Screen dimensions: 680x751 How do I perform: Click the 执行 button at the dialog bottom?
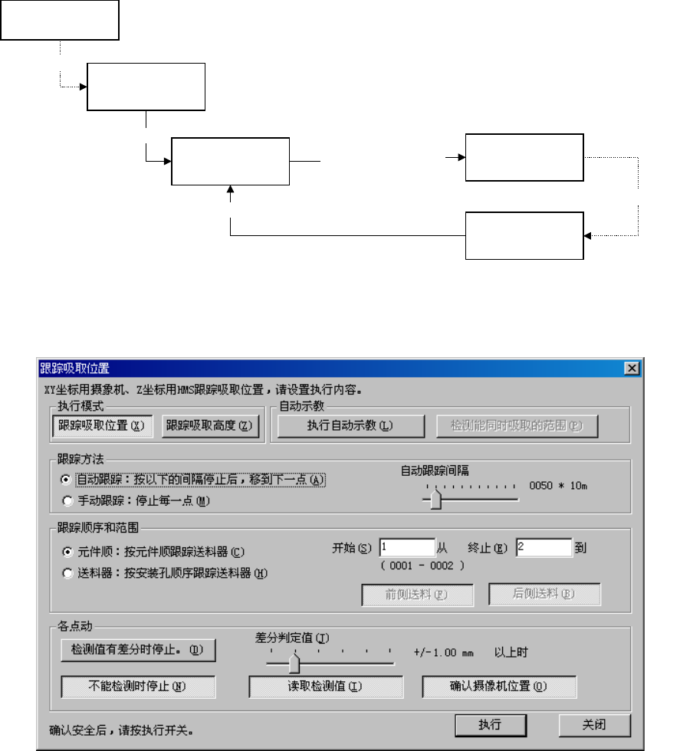[490, 725]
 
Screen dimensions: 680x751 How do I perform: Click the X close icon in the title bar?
[632, 368]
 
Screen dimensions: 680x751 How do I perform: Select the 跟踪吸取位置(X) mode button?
[103, 426]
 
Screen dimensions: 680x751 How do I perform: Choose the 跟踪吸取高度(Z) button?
[212, 426]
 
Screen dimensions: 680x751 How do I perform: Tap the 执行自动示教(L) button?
[350, 426]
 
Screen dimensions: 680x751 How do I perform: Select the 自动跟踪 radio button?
[68, 480]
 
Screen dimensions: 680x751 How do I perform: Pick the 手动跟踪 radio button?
[68, 502]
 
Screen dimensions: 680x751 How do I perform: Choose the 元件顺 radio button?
[68, 551]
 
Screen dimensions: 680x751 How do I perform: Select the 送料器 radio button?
[68, 572]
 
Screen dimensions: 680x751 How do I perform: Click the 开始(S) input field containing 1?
[406, 548]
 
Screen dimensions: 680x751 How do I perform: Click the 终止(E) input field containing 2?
[544, 548]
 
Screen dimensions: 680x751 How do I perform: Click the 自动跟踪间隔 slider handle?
[436, 500]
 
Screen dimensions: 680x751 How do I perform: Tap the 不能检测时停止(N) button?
[138, 687]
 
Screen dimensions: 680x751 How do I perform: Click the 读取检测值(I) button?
[326, 687]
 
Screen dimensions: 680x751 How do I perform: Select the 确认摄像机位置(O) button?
[498, 687]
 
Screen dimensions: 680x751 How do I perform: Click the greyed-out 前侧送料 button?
[418, 595]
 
